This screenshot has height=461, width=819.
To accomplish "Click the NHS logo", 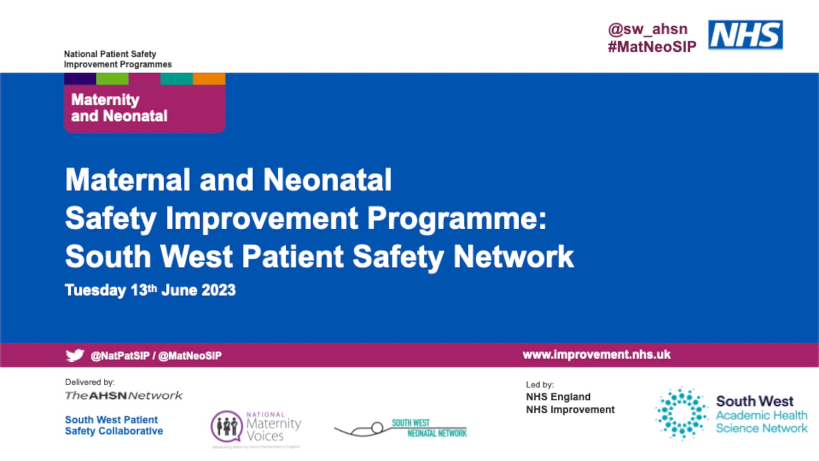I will coord(745,35).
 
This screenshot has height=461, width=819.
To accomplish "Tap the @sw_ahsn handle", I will coord(648,29).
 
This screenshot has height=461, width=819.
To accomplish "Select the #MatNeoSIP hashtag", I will coord(652,47).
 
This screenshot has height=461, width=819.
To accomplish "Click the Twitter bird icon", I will coord(75,355).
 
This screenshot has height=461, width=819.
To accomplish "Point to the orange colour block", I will coord(209,79).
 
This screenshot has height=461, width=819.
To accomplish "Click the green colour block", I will coord(112,79).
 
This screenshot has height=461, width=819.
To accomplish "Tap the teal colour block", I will coord(177,79).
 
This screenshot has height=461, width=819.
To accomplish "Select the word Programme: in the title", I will coord(456,218).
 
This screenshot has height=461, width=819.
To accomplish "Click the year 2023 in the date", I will coord(218,290).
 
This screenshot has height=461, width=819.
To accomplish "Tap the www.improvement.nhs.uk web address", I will coord(596,355).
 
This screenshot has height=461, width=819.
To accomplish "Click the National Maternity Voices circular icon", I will coord(227,426).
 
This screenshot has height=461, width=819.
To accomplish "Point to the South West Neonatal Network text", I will coord(429,428).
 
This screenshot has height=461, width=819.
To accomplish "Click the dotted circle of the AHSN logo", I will coord(681,413).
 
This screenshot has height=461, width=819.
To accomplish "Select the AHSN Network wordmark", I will coord(124,396).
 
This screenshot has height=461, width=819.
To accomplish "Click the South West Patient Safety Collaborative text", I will coord(113,425).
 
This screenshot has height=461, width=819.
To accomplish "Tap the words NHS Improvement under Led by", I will coord(570,410).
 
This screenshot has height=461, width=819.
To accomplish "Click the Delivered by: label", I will coord(90,382).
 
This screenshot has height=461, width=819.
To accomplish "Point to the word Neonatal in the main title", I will coord(327,180).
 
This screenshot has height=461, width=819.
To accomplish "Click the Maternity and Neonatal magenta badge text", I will coord(119,108).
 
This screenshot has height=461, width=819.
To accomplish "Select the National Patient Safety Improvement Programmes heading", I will coord(118,59).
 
